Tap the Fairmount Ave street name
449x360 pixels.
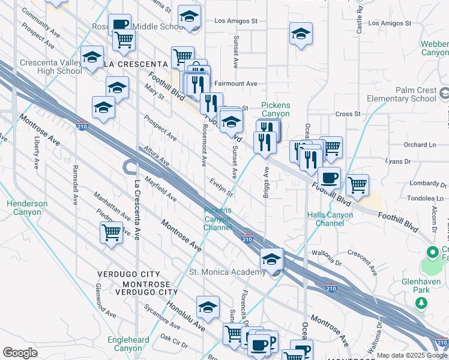coord(236,83)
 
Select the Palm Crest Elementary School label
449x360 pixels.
coord(416,94)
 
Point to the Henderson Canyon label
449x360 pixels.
coord(27,208)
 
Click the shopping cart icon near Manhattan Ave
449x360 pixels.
coord(111,232)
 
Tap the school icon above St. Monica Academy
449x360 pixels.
coord(271,259)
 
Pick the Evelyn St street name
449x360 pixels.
coord(221,186)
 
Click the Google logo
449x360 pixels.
coord(20,353)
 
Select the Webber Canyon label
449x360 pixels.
coord(435,48)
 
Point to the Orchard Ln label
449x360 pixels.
coord(419,145)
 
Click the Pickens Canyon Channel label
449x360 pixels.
coord(217,218)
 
